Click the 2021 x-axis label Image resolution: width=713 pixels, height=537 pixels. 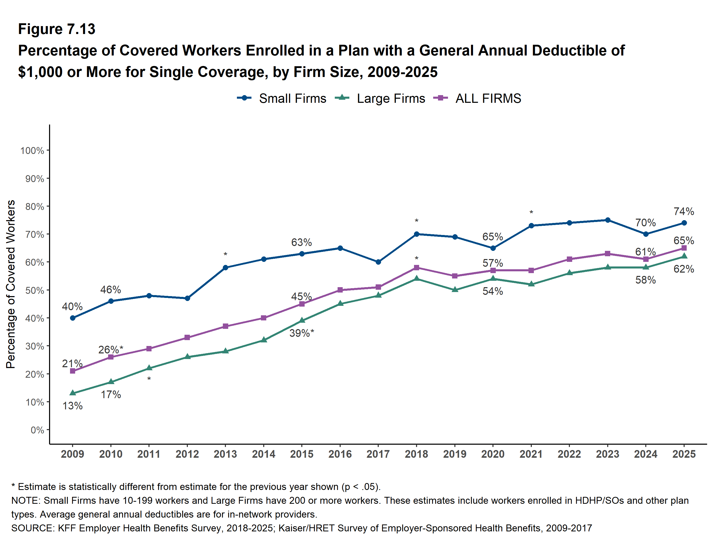tap(531, 454)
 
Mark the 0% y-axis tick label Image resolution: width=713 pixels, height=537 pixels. tap(37, 430)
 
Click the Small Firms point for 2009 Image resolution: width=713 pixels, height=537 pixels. tap(73, 318)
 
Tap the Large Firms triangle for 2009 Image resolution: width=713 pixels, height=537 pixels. tap(73, 393)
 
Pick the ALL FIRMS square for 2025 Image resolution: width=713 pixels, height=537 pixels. tap(684, 248)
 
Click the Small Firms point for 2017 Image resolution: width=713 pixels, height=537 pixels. tap(378, 262)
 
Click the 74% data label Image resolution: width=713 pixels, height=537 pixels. tap(684, 211)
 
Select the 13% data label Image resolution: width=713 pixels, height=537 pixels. tap(73, 406)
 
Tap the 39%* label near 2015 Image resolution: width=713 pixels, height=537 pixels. tap(301, 333)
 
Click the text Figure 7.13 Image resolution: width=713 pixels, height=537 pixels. tap(57, 29)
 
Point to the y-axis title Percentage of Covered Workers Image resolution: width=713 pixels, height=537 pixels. tap(11, 284)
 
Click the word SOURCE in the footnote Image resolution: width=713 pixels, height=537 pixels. tap(32, 528)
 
